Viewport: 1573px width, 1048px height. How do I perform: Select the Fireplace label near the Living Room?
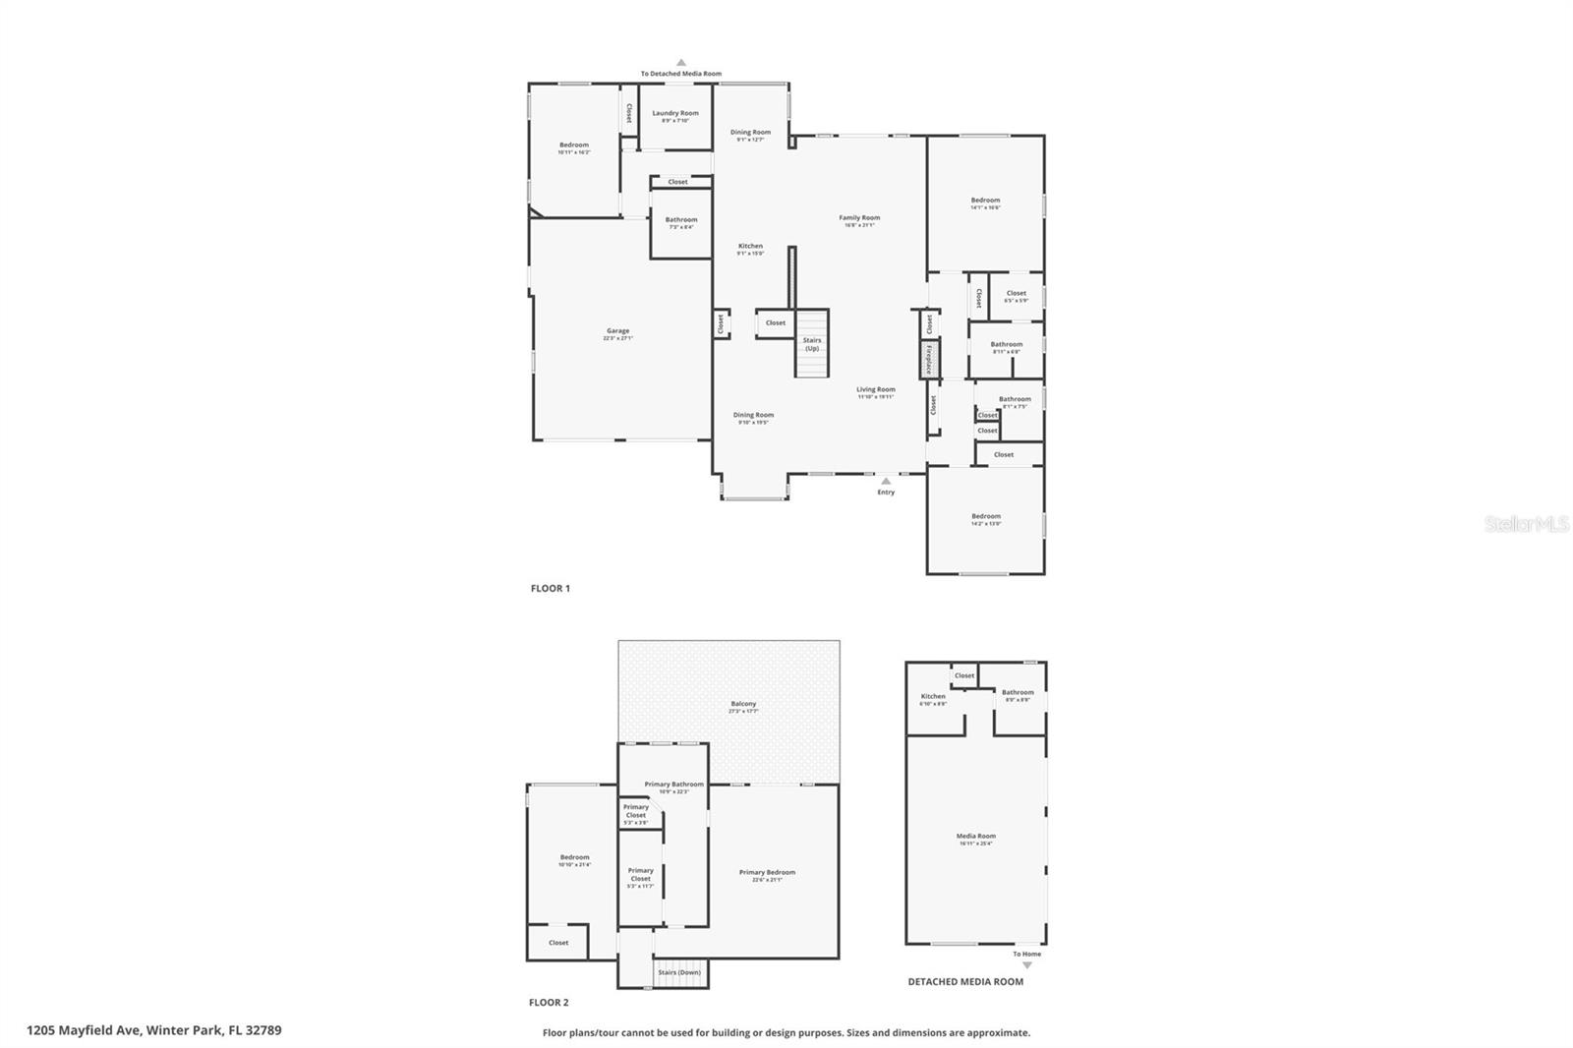tap(927, 359)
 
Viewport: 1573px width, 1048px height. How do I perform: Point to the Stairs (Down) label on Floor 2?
tap(679, 972)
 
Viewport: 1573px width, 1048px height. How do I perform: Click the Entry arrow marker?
tap(886, 482)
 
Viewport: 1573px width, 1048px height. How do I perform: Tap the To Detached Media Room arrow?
tap(681, 63)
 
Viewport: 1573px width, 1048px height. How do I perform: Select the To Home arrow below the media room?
tap(1027, 964)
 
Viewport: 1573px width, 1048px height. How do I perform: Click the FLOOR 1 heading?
tap(551, 588)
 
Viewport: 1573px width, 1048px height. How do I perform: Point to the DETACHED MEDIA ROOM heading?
tap(965, 981)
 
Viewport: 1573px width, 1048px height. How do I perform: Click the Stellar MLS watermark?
tap(1527, 524)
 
